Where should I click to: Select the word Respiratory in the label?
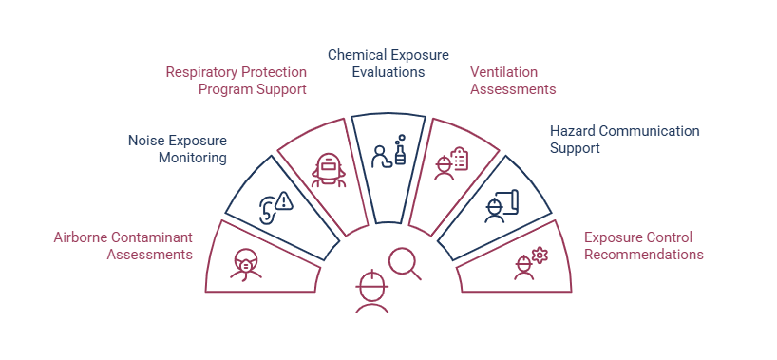click(x=201, y=72)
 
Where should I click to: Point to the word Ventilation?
click(x=503, y=72)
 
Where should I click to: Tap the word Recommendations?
click(x=644, y=255)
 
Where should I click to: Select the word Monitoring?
click(x=193, y=159)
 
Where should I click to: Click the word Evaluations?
click(x=388, y=72)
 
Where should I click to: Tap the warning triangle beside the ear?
click(x=283, y=200)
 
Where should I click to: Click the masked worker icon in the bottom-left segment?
click(x=245, y=265)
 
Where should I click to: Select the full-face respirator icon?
click(x=328, y=170)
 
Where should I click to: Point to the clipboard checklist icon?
click(x=460, y=160)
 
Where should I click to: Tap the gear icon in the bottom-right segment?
click(x=540, y=255)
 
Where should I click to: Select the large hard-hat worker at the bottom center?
click(x=372, y=292)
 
